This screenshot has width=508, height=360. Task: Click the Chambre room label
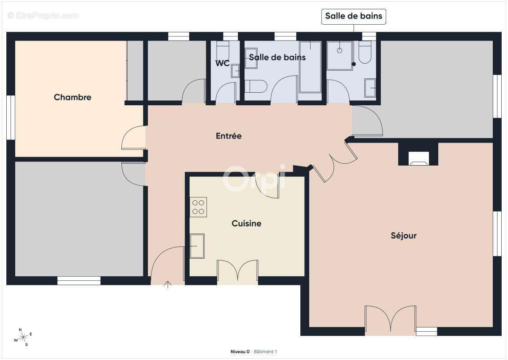(72, 97)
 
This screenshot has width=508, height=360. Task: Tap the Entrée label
(229, 135)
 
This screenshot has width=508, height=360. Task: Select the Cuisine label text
(246, 223)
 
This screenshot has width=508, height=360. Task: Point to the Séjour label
(404, 235)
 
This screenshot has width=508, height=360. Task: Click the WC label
(223, 63)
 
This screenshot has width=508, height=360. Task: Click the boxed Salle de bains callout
(353, 16)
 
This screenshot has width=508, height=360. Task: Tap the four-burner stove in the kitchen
(198, 207)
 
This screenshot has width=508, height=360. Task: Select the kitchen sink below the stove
(197, 246)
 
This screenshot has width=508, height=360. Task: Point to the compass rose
(23, 337)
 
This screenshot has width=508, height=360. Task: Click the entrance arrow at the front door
(168, 285)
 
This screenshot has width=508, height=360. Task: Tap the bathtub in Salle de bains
(310, 67)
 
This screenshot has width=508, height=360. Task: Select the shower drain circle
(339, 50)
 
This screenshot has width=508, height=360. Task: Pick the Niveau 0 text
(240, 351)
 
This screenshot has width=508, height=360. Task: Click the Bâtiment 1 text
(265, 351)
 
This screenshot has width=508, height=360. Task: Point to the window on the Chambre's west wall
(11, 117)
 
